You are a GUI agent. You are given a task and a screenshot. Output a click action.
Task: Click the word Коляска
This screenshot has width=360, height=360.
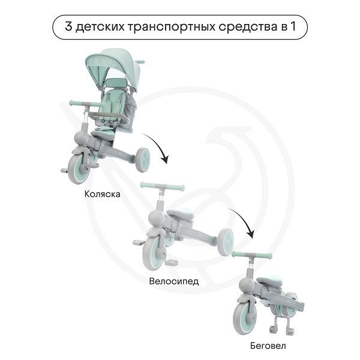pos(102,194)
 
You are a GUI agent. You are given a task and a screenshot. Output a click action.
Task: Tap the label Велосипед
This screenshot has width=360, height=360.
pos(174,281)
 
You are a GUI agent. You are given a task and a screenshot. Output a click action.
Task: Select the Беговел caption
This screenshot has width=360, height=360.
pos(268,346)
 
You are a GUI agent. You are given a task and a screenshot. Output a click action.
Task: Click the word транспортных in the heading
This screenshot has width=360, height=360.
pos(171,27)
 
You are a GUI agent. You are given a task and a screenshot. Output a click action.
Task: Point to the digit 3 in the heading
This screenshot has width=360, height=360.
pos(68,26)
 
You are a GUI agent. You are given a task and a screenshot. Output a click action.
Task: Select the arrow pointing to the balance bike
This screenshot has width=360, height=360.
pos(245,220)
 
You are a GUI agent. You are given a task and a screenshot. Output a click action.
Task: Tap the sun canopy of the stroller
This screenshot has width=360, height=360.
pos(113,67)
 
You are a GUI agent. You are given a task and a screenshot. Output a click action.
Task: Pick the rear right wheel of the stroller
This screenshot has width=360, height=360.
pos(143,160)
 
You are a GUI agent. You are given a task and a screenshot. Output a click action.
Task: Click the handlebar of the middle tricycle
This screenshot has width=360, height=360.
pos(163,186)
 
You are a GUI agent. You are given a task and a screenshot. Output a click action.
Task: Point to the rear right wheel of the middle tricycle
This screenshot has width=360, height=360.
pos(226,242)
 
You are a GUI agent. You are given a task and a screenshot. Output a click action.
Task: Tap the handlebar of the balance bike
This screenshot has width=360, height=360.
pos(252,254)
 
